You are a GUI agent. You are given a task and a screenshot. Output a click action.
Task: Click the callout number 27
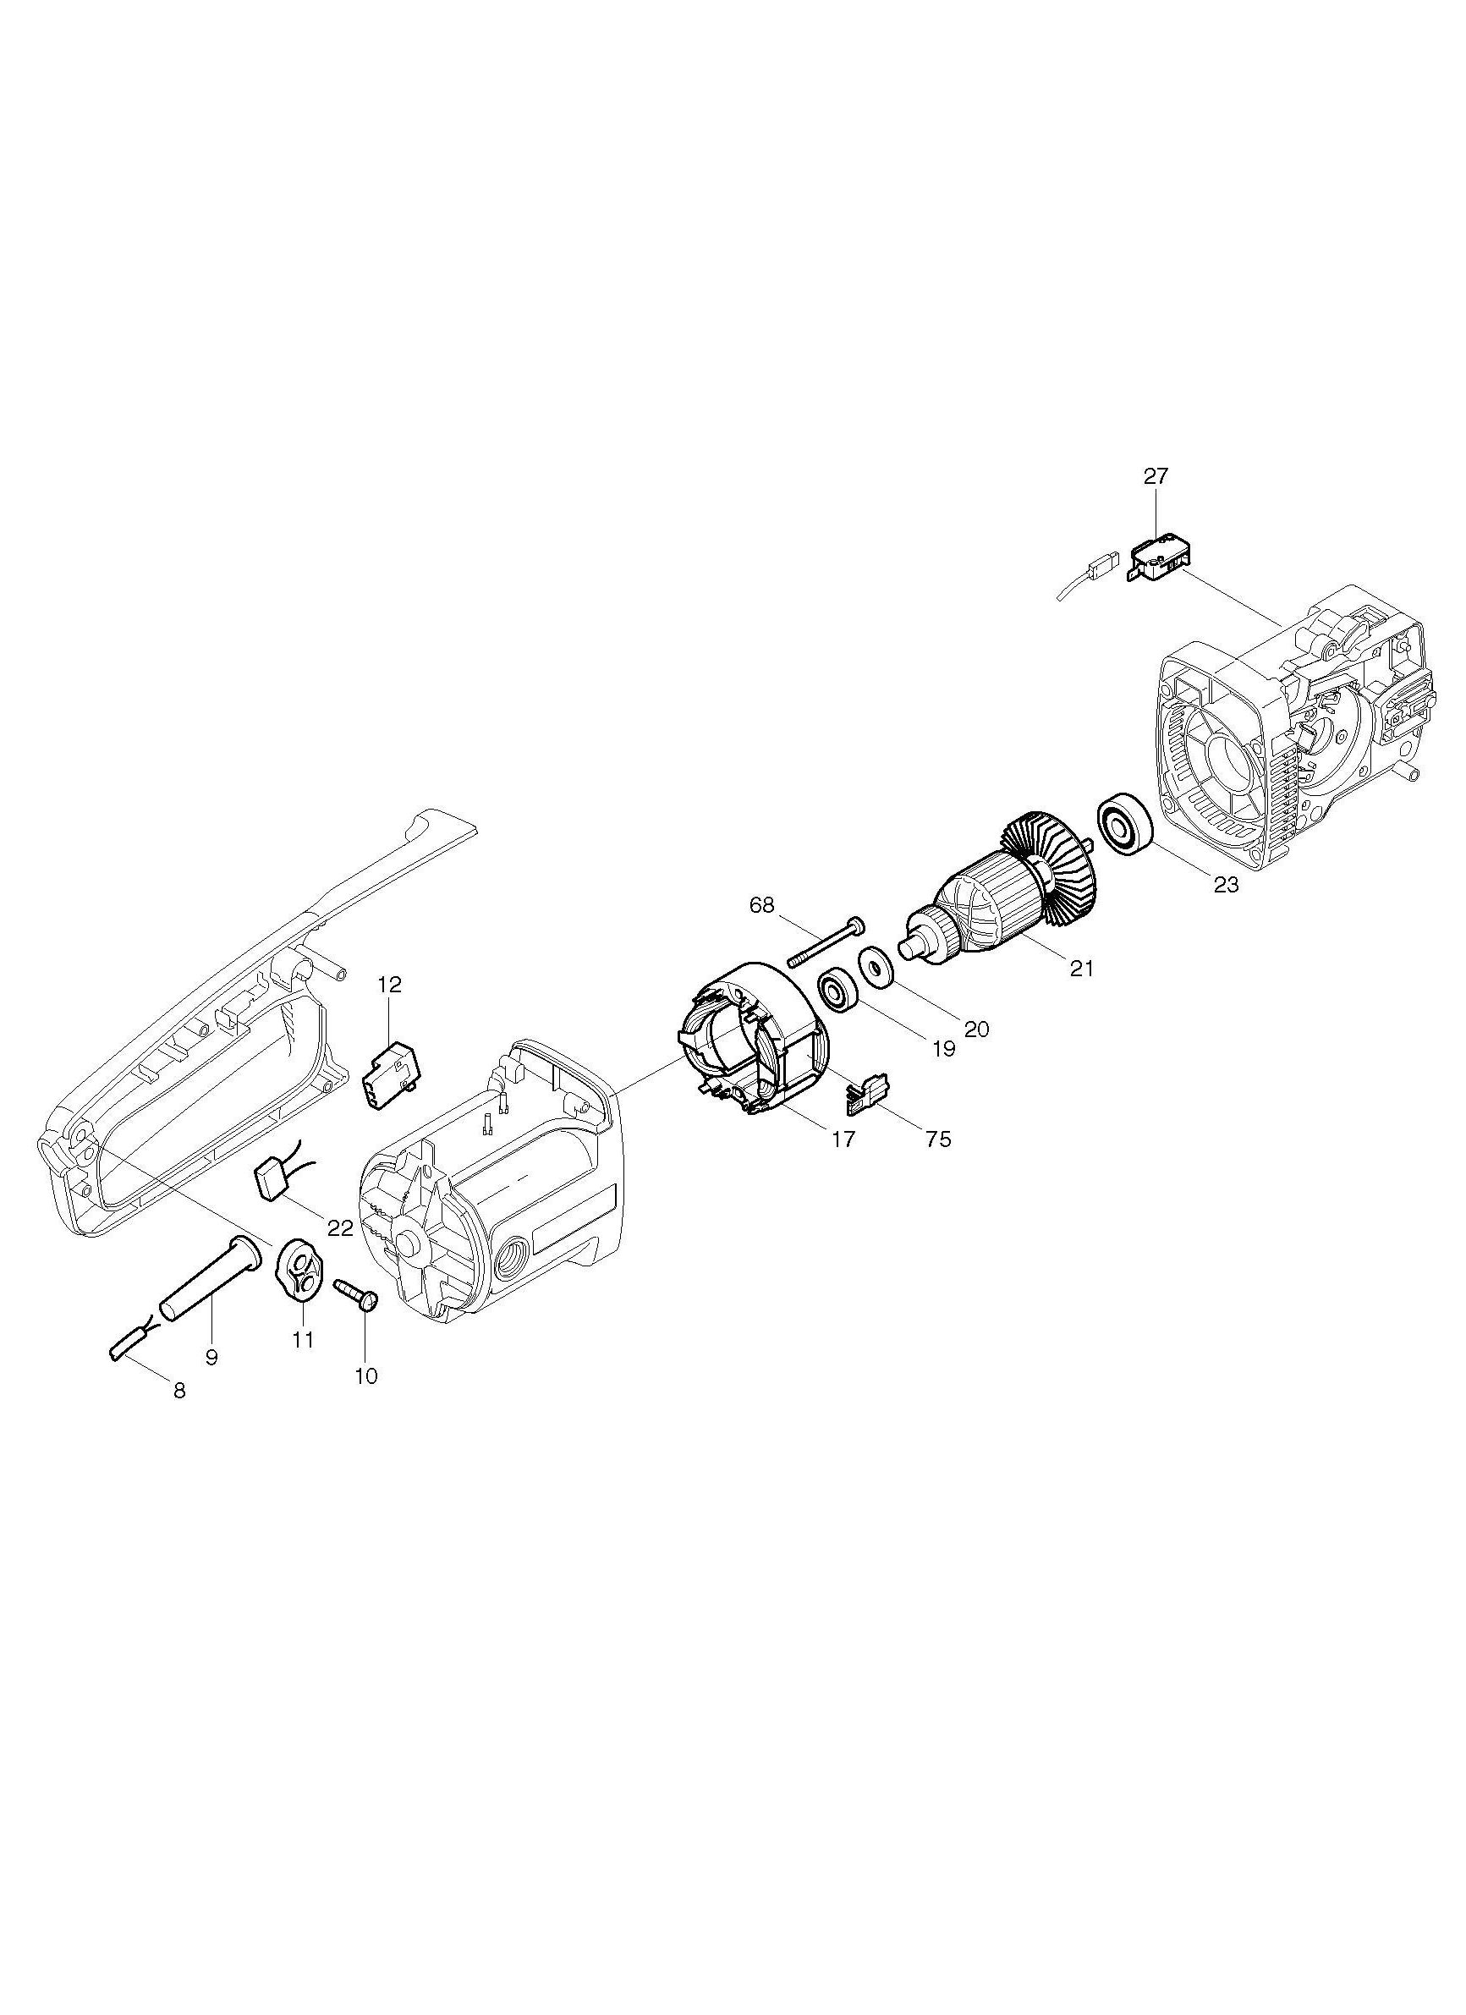1156,476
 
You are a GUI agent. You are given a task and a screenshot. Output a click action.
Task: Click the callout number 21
1081,969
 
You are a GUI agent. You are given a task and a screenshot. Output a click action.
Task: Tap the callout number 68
761,905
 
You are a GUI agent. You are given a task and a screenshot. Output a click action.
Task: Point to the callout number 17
843,1138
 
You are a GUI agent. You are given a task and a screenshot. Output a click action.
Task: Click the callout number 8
179,1392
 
